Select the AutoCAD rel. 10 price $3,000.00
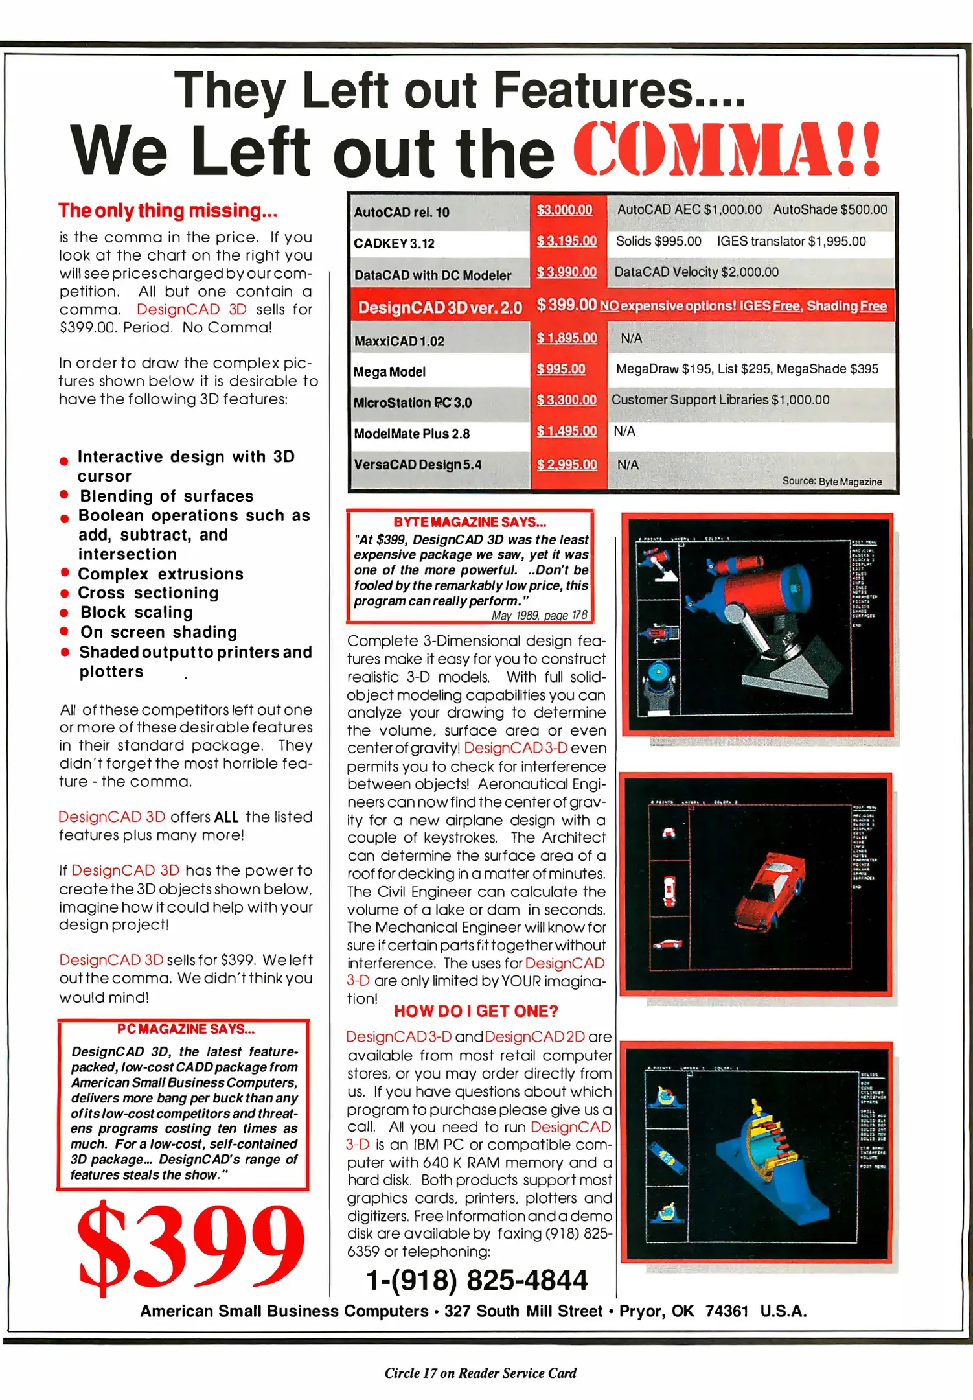tap(564, 210)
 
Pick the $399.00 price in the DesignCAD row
tap(566, 305)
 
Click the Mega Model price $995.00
tap(561, 369)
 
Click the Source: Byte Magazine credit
tap(832, 482)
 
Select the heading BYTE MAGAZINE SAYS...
tap(470, 522)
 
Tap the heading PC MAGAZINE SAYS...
tap(186, 1029)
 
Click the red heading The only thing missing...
tap(168, 211)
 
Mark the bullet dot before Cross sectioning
tap(64, 594)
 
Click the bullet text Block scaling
tap(137, 612)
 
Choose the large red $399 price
tap(190, 1245)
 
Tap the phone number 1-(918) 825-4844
tap(477, 1280)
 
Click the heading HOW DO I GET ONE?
tap(476, 1011)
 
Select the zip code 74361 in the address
tap(727, 1311)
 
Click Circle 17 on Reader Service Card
tap(480, 1373)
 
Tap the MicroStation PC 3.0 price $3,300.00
tap(566, 400)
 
